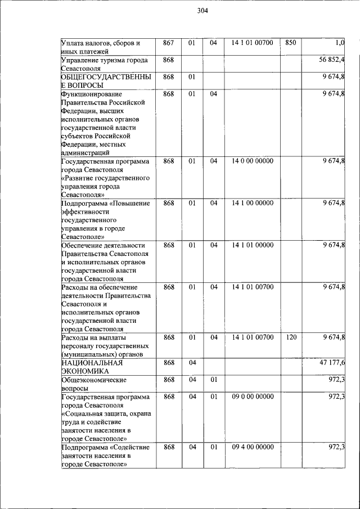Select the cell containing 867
click(168, 43)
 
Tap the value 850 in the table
click(291, 43)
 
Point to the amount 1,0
click(339, 43)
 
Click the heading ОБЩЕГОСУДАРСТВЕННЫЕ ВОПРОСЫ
click(105, 80)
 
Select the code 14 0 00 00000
click(253, 161)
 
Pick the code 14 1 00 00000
click(253, 203)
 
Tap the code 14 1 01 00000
click(253, 245)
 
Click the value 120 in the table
click(291, 337)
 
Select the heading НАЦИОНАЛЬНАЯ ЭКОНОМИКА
click(92, 367)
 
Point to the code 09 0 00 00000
click(253, 397)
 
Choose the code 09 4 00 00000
click(253, 447)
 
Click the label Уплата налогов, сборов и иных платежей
click(100, 47)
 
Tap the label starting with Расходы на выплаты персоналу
click(105, 346)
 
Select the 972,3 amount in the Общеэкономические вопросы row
click(336, 380)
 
